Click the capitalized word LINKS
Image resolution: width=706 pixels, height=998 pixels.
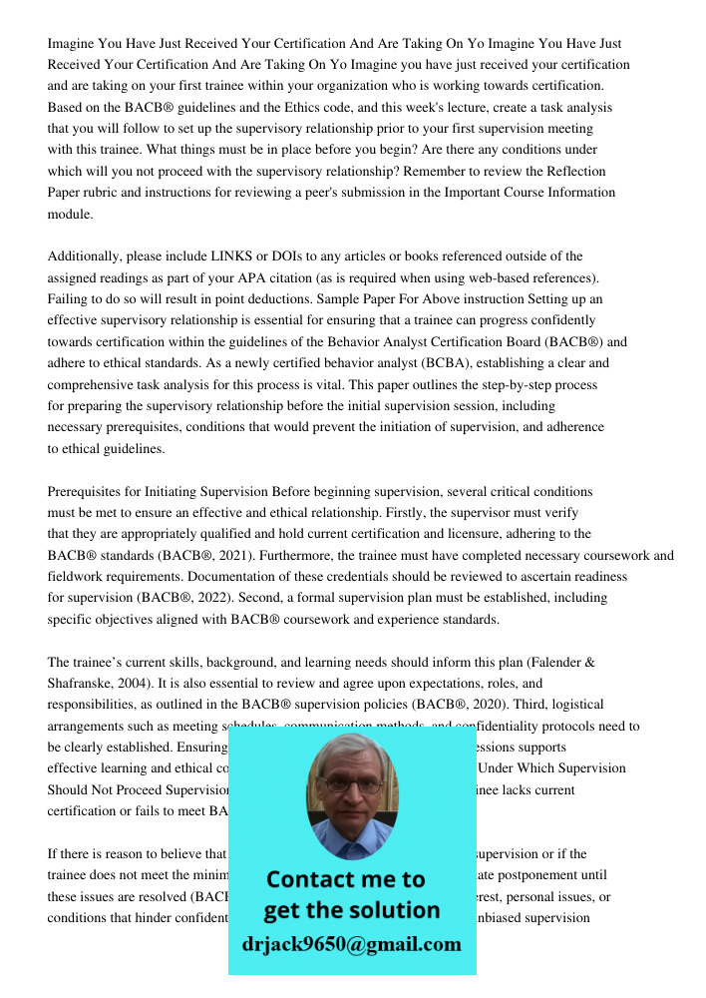(x=236, y=256)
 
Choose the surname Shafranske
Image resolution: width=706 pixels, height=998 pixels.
(x=87, y=684)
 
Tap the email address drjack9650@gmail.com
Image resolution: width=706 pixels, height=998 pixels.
(x=351, y=944)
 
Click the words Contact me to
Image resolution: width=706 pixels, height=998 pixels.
(x=345, y=879)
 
